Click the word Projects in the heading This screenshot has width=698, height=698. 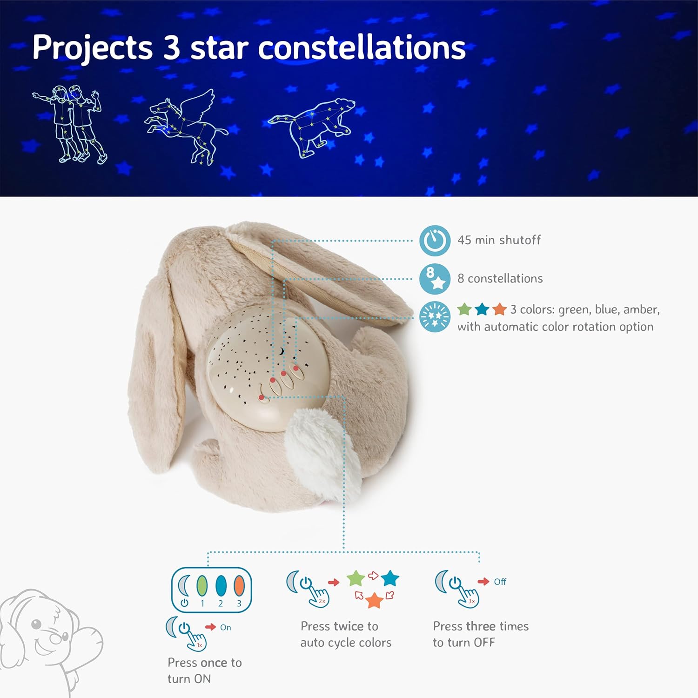(x=92, y=48)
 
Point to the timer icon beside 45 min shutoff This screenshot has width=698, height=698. (x=435, y=241)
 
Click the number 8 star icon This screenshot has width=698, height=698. (x=435, y=279)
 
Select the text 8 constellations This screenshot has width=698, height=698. (x=500, y=279)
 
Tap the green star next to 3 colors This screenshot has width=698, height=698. (x=464, y=309)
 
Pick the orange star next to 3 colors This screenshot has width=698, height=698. (x=499, y=309)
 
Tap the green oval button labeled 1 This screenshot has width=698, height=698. (x=202, y=586)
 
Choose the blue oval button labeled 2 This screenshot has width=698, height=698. (x=221, y=586)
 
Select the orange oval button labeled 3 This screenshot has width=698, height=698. (x=239, y=586)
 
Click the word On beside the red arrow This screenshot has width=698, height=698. (x=226, y=627)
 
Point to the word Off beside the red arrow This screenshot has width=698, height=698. (x=500, y=582)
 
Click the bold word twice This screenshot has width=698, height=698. (x=352, y=626)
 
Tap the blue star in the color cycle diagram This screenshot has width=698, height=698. (x=390, y=578)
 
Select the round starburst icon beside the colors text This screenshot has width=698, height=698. (x=435, y=317)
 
